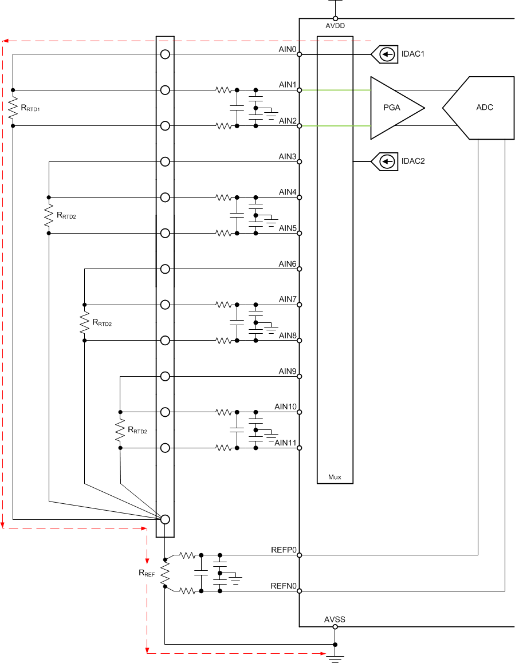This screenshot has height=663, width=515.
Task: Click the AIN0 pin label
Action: pos(287,49)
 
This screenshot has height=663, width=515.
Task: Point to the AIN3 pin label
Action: pos(287,156)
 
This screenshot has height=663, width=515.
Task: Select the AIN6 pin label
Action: pos(287,264)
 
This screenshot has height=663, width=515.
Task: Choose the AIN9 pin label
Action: pos(287,371)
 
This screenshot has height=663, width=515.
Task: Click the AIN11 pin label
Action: pos(285,443)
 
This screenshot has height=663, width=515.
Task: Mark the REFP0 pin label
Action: pos(284,550)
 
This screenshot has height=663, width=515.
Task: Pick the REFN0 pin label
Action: pos(284,586)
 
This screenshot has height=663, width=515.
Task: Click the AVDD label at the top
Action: pos(335,26)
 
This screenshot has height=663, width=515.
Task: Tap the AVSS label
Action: pos(335,619)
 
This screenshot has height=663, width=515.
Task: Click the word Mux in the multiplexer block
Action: pos(335,476)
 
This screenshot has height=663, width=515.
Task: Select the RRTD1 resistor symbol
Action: pos(13,108)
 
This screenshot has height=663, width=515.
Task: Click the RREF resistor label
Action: pos(147,572)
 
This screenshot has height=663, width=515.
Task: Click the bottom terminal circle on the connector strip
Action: pos(165,519)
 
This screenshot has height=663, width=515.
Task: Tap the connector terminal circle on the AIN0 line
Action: pos(165,54)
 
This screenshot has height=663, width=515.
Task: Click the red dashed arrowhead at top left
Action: pos(5,41)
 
